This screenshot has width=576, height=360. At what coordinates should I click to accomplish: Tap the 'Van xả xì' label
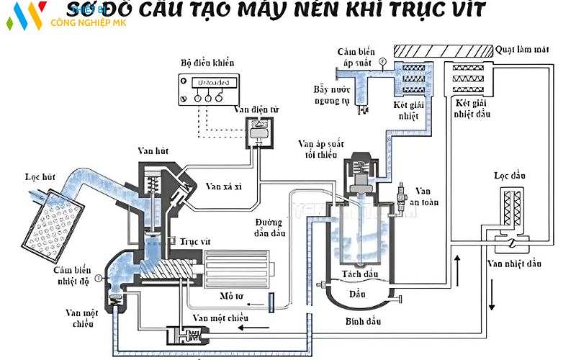[x=223, y=186]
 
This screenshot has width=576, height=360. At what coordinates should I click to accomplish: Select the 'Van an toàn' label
[x=423, y=196]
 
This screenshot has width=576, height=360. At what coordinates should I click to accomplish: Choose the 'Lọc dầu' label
[x=508, y=175]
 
